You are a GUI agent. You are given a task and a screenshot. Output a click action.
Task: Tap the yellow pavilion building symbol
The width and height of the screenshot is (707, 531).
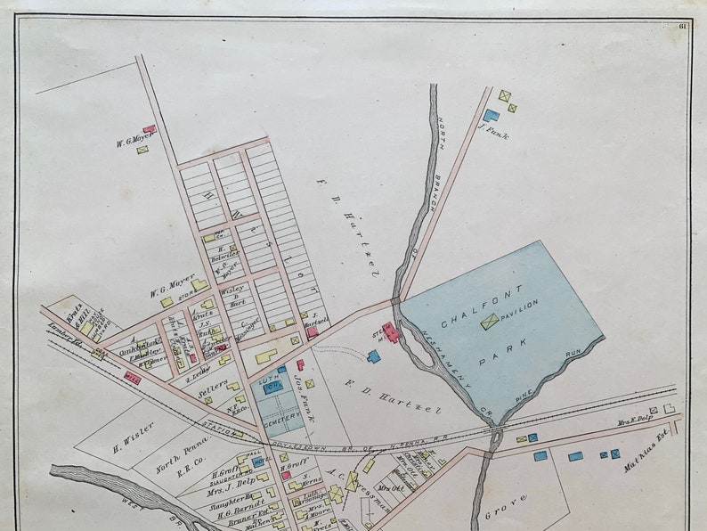[489, 321]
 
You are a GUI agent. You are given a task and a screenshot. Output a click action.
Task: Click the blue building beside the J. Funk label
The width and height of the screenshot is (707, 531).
[490, 115]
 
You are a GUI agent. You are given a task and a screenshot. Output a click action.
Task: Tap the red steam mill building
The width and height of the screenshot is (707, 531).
[390, 334]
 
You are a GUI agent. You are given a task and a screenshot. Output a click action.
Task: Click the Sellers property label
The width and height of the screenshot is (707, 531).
[214, 391]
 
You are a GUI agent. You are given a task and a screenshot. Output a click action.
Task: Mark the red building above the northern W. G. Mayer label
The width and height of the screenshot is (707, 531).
[149, 129]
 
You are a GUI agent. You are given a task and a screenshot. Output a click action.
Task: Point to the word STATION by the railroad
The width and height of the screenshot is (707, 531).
[223, 429]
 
